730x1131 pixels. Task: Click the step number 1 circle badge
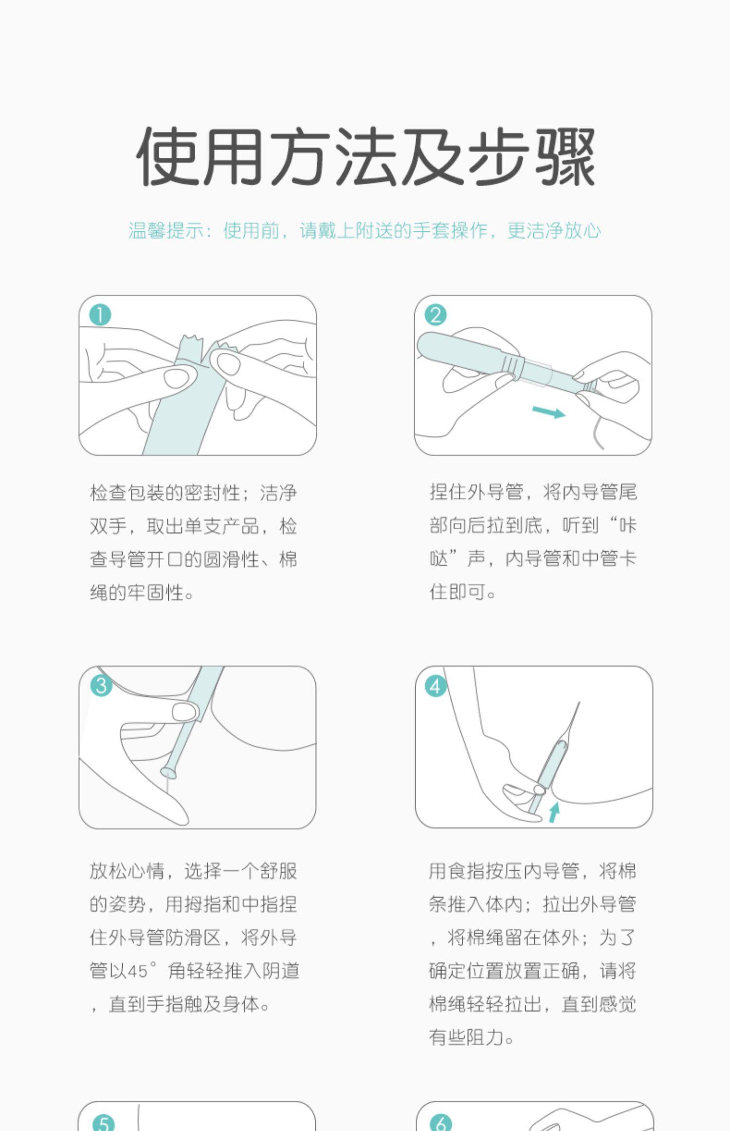100,315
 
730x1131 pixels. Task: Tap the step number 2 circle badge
436,315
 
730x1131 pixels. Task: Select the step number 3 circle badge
101,686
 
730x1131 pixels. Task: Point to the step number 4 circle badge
436,687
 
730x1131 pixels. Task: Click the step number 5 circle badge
103,1123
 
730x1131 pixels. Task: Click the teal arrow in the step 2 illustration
548,412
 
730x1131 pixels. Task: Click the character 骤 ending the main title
565,157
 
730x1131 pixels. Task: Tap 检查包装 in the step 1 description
128,493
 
